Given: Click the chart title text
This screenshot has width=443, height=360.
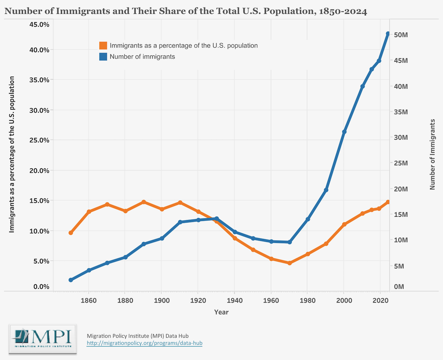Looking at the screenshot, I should click(x=186, y=11).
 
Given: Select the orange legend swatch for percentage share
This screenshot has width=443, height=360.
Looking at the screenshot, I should click(x=103, y=46).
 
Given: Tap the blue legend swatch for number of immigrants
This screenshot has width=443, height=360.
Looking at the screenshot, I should click(x=103, y=57).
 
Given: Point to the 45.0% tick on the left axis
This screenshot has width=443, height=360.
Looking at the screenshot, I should click(x=39, y=25).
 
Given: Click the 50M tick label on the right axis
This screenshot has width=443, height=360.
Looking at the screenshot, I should click(x=401, y=35).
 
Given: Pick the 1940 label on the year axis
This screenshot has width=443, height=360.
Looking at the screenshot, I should click(x=235, y=300).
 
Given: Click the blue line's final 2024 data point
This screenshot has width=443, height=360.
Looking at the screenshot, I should click(x=388, y=34).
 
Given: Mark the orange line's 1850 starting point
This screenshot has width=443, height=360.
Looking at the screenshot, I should click(x=71, y=233).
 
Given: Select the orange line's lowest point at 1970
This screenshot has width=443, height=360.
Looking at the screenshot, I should click(x=290, y=263).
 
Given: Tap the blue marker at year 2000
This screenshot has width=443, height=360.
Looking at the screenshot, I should click(x=344, y=132).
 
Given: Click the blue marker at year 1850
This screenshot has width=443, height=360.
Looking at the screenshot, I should click(x=71, y=280).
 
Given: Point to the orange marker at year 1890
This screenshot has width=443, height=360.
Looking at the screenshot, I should click(x=144, y=202).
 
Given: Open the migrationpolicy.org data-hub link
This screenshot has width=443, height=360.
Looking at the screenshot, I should click(x=144, y=343).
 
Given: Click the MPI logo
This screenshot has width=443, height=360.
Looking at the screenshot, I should click(x=43, y=339).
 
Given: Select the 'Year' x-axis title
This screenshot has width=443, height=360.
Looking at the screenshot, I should click(x=221, y=312).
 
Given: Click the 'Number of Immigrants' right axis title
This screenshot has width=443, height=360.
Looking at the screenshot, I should click(x=432, y=154).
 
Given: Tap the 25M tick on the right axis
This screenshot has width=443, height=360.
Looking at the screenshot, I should click(x=401, y=163).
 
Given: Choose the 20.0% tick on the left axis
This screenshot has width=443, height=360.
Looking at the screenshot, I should click(x=39, y=171).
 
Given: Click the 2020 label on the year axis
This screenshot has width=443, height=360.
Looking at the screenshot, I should click(x=380, y=300).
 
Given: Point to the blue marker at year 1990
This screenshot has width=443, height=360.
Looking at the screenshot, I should click(x=326, y=190).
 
